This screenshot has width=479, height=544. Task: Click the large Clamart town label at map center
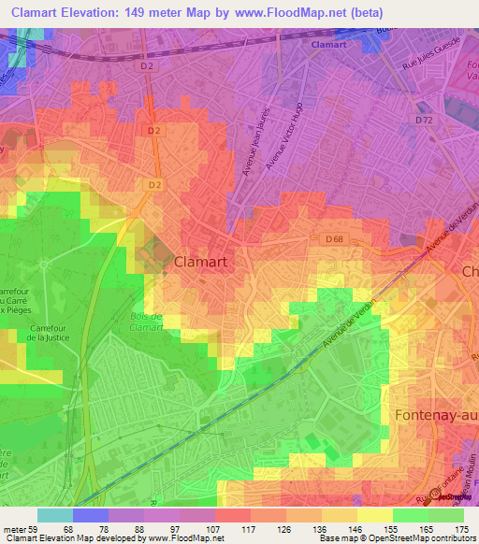[x=201, y=263]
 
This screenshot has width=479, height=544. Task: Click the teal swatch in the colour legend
[x=54, y=515]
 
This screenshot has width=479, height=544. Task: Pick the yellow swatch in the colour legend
[x=374, y=515]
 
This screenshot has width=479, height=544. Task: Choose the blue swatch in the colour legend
[x=90, y=515]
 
